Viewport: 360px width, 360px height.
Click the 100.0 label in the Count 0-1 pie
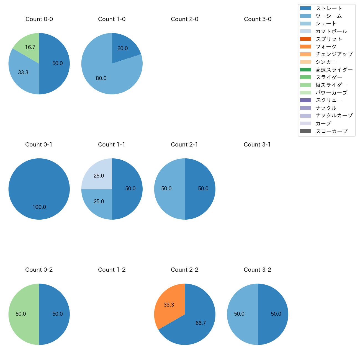pyautogui.click(x=39, y=207)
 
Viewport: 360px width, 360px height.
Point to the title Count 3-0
pyautogui.click(x=258, y=19)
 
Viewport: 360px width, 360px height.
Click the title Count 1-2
pyautogui.click(x=112, y=270)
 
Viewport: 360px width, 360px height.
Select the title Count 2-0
pyautogui.click(x=185, y=19)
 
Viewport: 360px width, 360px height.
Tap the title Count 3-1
pyautogui.click(x=257, y=145)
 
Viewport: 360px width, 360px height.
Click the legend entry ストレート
pyautogui.click(x=329, y=8)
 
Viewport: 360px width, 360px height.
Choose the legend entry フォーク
pyautogui.click(x=326, y=47)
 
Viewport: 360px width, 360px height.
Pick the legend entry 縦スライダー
pyautogui.click(x=331, y=85)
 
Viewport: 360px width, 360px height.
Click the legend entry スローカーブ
pyautogui.click(x=331, y=131)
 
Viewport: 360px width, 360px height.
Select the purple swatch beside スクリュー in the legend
pyautogui.click(x=305, y=100)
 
